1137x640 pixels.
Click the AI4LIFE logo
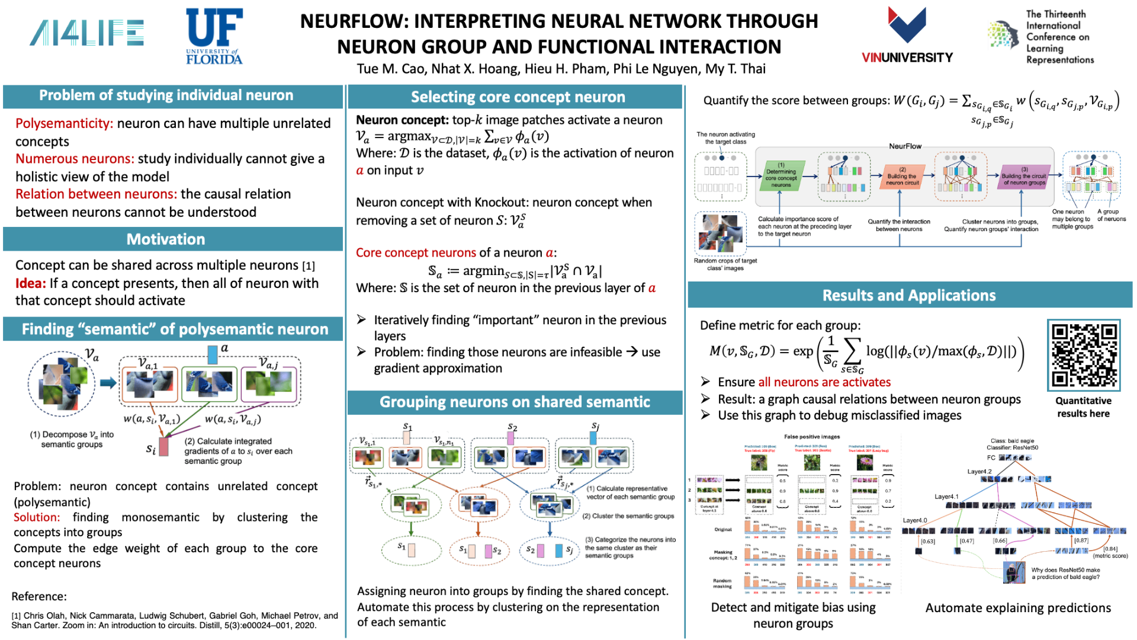click(86, 33)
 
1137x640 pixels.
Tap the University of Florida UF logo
click(214, 36)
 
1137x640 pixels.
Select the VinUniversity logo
click(907, 36)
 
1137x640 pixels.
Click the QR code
click(1084, 355)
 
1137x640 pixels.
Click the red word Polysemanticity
click(64, 123)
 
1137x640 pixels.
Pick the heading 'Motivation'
click(166, 239)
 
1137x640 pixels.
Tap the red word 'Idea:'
click(30, 283)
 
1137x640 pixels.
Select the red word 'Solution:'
click(37, 517)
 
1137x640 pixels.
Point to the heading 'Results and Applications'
click(909, 295)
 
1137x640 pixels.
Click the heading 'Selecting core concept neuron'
click(518, 97)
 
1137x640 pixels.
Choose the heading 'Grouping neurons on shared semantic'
click(515, 402)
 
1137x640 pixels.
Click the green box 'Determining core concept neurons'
click(781, 175)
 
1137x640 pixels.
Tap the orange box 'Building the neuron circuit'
click(902, 176)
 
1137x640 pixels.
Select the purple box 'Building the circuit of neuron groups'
click(1024, 177)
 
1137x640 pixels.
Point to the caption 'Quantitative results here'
click(1083, 407)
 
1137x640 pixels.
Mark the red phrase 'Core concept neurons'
click(416, 253)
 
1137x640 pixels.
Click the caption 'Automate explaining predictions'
click(1018, 608)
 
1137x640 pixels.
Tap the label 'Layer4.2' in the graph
click(979, 472)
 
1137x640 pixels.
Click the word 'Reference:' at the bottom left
click(39, 596)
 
